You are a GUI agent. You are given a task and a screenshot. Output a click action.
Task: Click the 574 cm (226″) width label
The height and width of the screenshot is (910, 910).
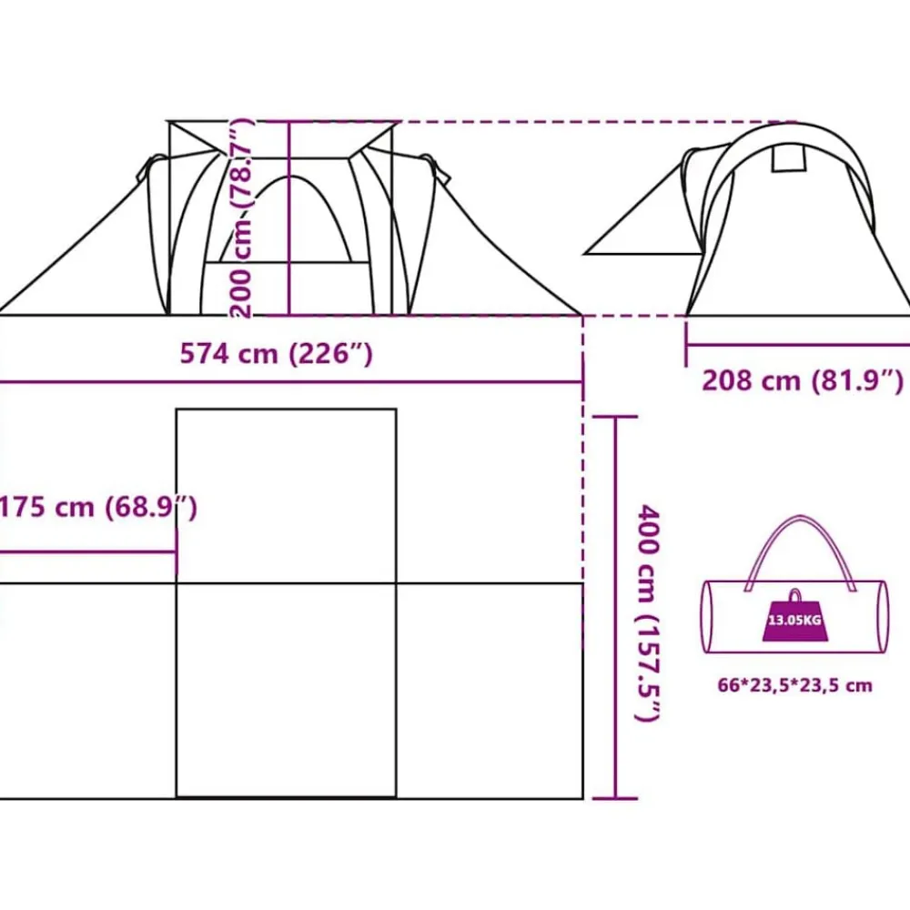276,353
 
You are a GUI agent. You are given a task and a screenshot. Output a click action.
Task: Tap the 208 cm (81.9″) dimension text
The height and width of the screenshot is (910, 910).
803,380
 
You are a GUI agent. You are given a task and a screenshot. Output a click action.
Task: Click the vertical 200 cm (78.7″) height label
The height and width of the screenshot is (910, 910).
240,218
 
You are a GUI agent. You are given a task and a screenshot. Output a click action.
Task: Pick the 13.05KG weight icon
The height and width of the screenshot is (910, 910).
794,616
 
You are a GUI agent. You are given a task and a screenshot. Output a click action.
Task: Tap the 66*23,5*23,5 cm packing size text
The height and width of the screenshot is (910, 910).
795,685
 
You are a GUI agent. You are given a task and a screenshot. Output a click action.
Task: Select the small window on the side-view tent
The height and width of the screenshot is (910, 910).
789,158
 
